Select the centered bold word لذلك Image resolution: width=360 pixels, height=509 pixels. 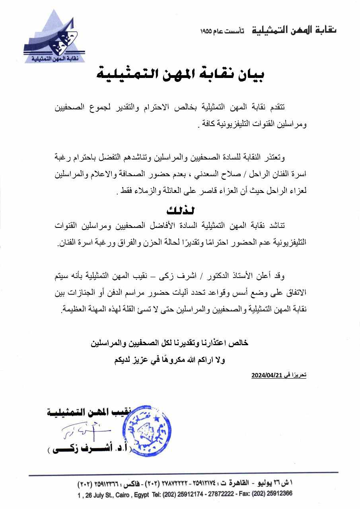pyautogui.click(x=180, y=210)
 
